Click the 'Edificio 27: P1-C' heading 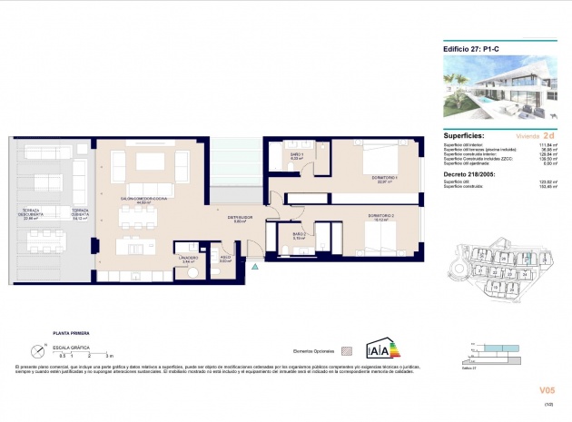click(x=470, y=50)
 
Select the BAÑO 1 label click(x=295, y=157)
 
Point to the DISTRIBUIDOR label click(x=241, y=218)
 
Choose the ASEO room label click(x=225, y=259)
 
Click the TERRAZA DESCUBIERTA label click(x=35, y=214)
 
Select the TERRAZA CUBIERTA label click(x=84, y=214)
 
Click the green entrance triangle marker click(x=256, y=268)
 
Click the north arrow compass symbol click(x=36, y=348)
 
